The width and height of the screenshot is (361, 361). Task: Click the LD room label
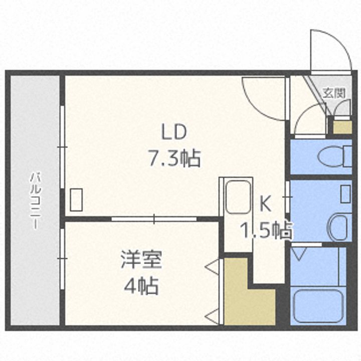(173, 132)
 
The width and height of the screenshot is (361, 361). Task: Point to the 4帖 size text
(141, 287)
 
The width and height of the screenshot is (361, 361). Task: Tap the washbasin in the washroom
(340, 226)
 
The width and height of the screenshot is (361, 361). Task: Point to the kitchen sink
(238, 197)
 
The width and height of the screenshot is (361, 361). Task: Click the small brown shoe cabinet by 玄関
(342, 126)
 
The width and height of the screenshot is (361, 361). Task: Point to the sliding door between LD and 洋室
(154, 219)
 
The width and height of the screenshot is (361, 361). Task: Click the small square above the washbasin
(345, 194)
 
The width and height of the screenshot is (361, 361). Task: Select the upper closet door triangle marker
(212, 267)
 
